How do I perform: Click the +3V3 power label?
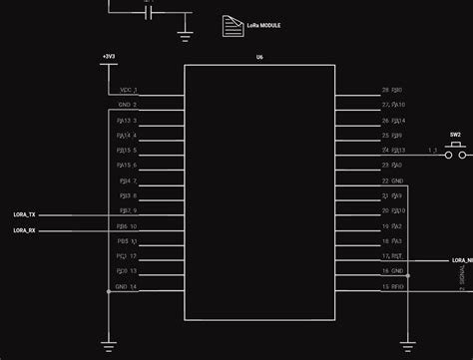point(108,55)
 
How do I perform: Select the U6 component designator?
point(259,59)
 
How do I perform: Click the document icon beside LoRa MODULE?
point(231,25)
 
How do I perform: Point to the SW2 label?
point(455,134)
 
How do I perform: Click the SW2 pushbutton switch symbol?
point(455,150)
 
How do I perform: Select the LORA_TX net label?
point(25,214)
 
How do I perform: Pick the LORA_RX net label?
point(25,230)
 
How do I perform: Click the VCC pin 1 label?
point(125,90)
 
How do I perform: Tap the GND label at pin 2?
point(124,105)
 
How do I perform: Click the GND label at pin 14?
point(121,287)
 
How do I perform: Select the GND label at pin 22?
point(397,180)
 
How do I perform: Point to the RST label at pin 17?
point(396,256)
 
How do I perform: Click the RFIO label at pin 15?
point(397,287)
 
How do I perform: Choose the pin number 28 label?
point(384,90)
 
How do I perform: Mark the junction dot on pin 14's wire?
point(108,291)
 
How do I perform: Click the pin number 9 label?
point(135,211)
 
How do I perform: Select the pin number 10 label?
point(134,226)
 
